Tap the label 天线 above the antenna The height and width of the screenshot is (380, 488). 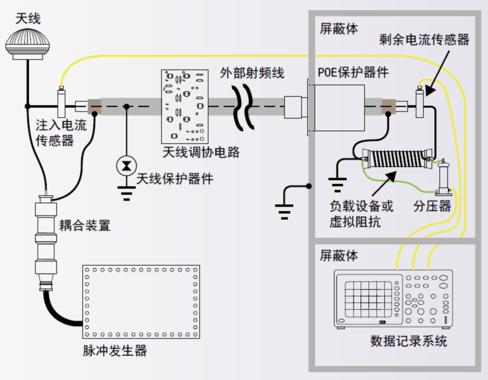click(x=28, y=18)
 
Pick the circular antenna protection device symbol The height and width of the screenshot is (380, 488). click(x=126, y=166)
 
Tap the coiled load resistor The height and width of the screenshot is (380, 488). click(x=396, y=159)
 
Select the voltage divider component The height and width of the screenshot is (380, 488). click(x=443, y=178)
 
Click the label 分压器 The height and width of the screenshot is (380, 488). click(x=432, y=206)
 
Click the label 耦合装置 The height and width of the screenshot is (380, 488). click(x=85, y=225)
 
